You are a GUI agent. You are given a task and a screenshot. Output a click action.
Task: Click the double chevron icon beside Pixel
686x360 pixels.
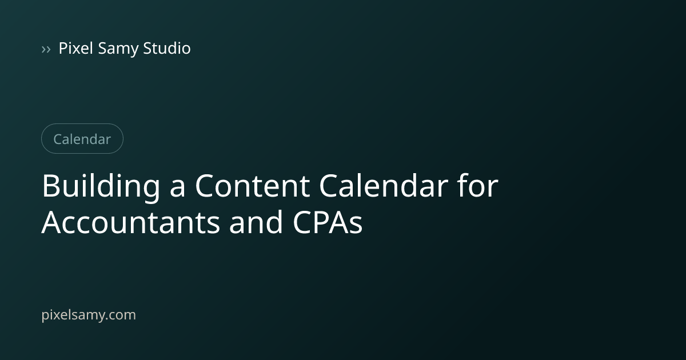pos(46,49)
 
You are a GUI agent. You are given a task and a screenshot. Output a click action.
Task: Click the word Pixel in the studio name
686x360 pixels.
pos(75,48)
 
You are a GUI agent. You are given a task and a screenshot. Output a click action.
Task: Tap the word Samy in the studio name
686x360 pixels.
pos(118,49)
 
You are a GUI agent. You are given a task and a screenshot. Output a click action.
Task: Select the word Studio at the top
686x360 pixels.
pos(167,48)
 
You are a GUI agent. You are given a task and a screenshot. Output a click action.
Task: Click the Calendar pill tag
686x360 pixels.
pos(82,139)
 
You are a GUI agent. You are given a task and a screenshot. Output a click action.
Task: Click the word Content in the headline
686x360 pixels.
pos(252,186)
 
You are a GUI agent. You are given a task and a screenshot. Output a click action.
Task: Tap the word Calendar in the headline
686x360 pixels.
pos(384,186)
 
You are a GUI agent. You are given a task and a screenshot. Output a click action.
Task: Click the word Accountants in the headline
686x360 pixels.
pos(131,222)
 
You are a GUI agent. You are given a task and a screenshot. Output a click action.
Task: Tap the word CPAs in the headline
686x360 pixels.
pos(328,222)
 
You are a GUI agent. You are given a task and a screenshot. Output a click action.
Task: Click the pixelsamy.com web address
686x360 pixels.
pos(89,315)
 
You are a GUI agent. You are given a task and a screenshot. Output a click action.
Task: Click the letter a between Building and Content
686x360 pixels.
pos(177,189)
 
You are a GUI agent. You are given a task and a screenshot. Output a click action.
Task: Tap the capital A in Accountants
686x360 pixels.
pos(51,222)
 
